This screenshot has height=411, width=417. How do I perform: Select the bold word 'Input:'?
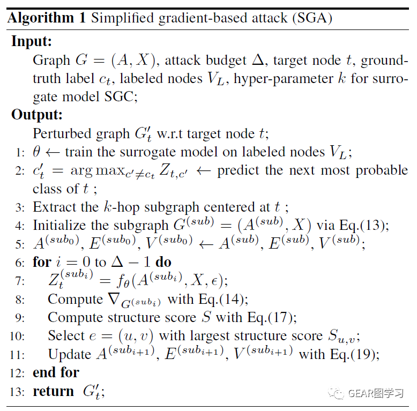(32, 42)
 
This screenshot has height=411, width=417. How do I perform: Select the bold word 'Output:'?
(36, 115)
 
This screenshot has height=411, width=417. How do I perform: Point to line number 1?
(20, 153)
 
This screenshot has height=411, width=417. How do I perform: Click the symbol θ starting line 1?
(38, 152)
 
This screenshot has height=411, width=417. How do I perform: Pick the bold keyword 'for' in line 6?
(42, 263)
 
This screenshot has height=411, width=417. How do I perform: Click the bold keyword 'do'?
(165, 263)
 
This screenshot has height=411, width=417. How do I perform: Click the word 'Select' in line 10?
(66, 336)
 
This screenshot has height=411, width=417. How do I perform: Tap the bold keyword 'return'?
(53, 391)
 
